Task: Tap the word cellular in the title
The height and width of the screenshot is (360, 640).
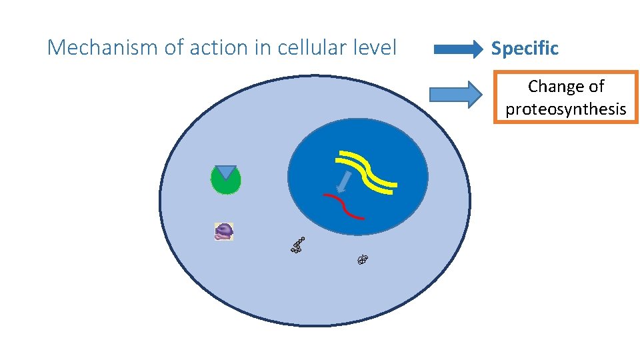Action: pyautogui.click(x=317, y=48)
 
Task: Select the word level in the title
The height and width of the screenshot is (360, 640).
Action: pyautogui.click(x=377, y=48)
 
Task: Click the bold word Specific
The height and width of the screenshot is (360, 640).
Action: pyautogui.click(x=525, y=48)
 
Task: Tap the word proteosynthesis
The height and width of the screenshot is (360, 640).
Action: pyautogui.click(x=566, y=109)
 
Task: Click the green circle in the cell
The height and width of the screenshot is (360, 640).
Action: pyautogui.click(x=225, y=183)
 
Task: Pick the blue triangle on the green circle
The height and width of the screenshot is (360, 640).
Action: pyautogui.click(x=226, y=171)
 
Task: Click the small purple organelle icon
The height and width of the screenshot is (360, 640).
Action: pyautogui.click(x=224, y=231)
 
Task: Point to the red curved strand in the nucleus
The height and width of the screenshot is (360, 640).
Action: pyautogui.click(x=343, y=206)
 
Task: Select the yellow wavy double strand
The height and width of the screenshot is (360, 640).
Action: pyautogui.click(x=367, y=171)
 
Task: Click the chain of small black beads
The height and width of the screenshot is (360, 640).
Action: pyautogui.click(x=298, y=245)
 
